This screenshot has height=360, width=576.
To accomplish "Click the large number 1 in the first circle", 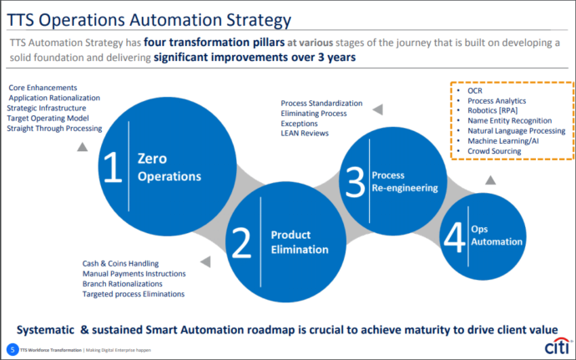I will pyautogui.click(x=110, y=166).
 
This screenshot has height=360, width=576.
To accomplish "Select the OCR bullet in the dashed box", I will pyautogui.click(x=475, y=89).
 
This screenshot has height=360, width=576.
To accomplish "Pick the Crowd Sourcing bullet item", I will pyautogui.click(x=494, y=151).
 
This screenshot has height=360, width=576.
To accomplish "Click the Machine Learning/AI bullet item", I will pyautogui.click(x=503, y=141).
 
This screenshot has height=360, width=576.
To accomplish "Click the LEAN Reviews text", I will pyautogui.click(x=305, y=133).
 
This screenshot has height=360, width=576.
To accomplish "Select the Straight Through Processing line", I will pyautogui.click(x=54, y=129).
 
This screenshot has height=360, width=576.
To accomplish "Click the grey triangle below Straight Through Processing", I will pyautogui.click(x=82, y=147).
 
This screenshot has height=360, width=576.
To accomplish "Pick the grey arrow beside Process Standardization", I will pyautogui.click(x=377, y=109).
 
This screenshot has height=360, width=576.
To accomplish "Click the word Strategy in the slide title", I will pyautogui.click(x=250, y=18).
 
